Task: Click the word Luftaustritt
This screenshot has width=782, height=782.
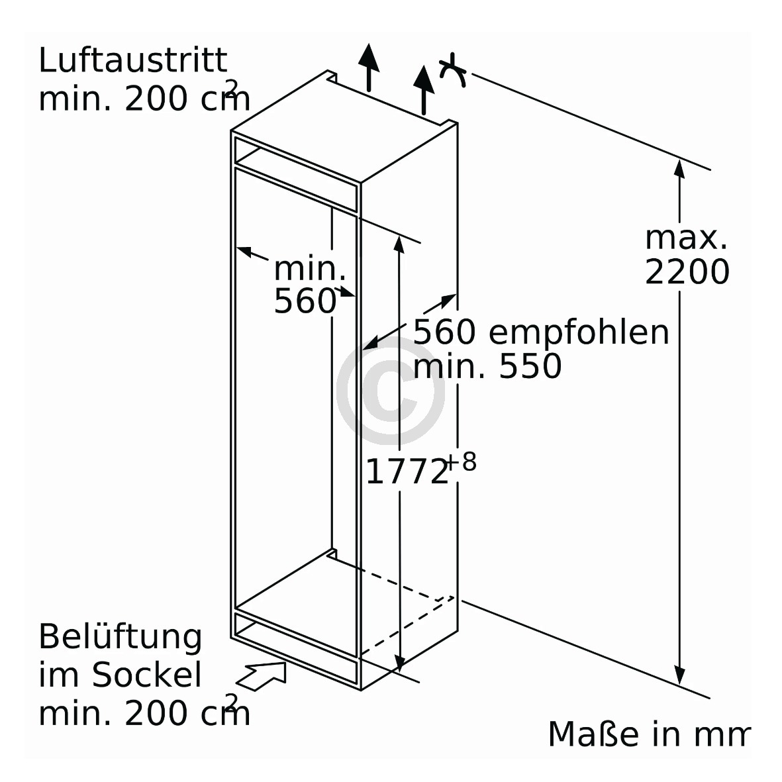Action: [132, 61]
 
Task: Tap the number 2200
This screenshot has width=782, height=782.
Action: [687, 272]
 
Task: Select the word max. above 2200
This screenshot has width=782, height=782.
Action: [686, 238]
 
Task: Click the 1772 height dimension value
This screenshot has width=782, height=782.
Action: [407, 471]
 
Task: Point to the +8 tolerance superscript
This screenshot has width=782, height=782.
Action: [462, 462]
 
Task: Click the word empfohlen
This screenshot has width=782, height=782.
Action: [579, 332]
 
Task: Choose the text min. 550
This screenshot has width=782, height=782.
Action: [487, 366]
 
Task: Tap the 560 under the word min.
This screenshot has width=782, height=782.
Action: [305, 301]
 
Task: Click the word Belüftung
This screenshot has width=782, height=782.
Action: [121, 638]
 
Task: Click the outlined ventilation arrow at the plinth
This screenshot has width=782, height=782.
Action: [262, 676]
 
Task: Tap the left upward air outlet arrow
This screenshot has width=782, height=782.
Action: [369, 68]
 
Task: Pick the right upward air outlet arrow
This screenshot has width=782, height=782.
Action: [423, 90]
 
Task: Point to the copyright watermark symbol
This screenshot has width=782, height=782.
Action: [391, 391]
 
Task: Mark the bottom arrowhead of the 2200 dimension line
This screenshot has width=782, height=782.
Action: [679, 676]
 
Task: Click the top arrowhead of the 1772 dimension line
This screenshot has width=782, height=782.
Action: [399, 244]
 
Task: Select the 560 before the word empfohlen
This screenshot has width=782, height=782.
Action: [444, 332]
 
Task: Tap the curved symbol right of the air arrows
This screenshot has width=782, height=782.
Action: [453, 70]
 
